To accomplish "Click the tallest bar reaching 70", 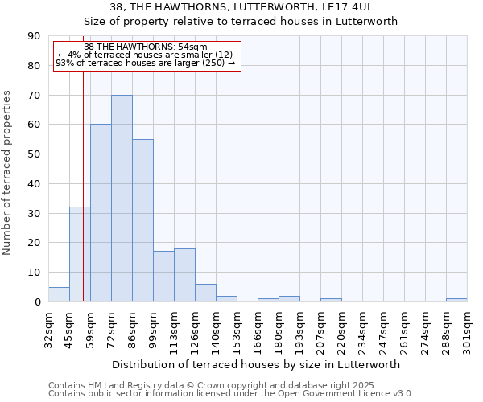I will coord(122,199).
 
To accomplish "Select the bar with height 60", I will coord(101,213).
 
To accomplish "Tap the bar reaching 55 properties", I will coord(142,220).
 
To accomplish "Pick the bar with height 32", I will coord(80,254).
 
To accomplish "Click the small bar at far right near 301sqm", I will coord(456,300).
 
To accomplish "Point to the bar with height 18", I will coord(184,275).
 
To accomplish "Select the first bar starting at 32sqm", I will coord(59,294).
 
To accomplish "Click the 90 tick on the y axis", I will coord(34,36).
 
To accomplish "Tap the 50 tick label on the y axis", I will coord(34,154).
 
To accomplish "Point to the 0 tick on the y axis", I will coord(37,302).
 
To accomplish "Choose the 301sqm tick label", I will coord(467,327).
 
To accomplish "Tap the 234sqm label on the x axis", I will coord(362,327).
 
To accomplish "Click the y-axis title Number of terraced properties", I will coord(7,173).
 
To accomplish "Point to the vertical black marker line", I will coord(83,201).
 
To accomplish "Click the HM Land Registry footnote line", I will coord(212,386).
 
